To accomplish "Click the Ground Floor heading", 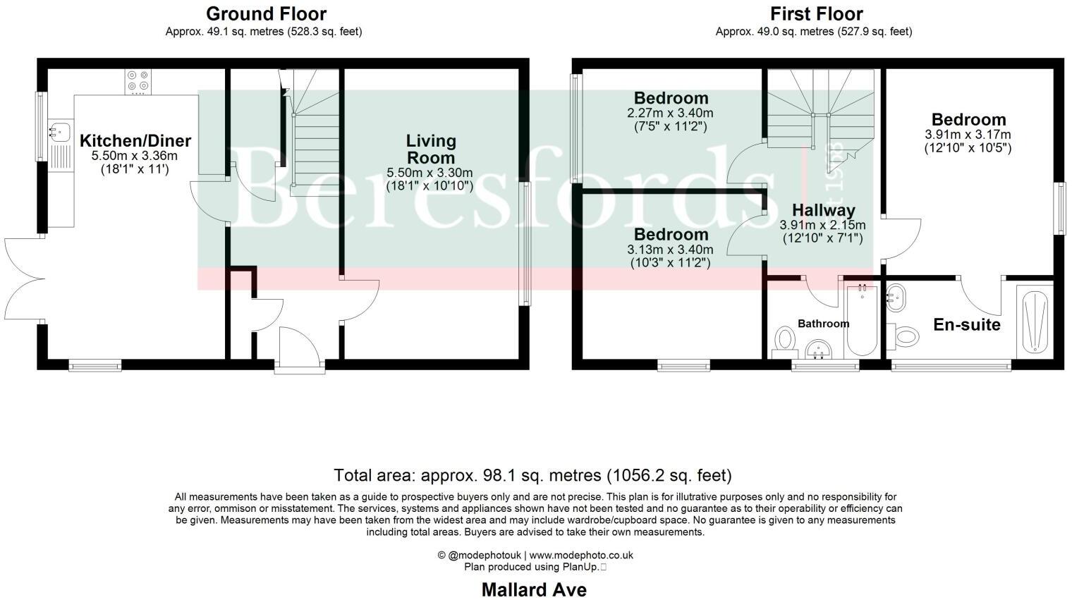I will point(266,14).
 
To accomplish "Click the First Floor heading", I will point(816,14).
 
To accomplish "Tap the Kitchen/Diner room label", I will point(135,140).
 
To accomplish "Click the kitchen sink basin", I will point(59,130).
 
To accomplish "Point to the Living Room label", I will point(430,149).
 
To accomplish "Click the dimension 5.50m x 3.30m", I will point(430,173).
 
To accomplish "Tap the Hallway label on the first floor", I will point(823,210).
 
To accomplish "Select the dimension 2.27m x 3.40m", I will point(670,113).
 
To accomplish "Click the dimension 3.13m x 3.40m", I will point(670,250).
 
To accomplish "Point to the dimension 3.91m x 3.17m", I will point(968,135).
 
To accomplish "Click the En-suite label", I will point(966,325).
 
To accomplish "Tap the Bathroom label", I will point(823,324).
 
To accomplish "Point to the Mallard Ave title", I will point(534,589).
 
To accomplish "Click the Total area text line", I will point(532,475).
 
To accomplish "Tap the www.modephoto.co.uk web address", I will point(581,555).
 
